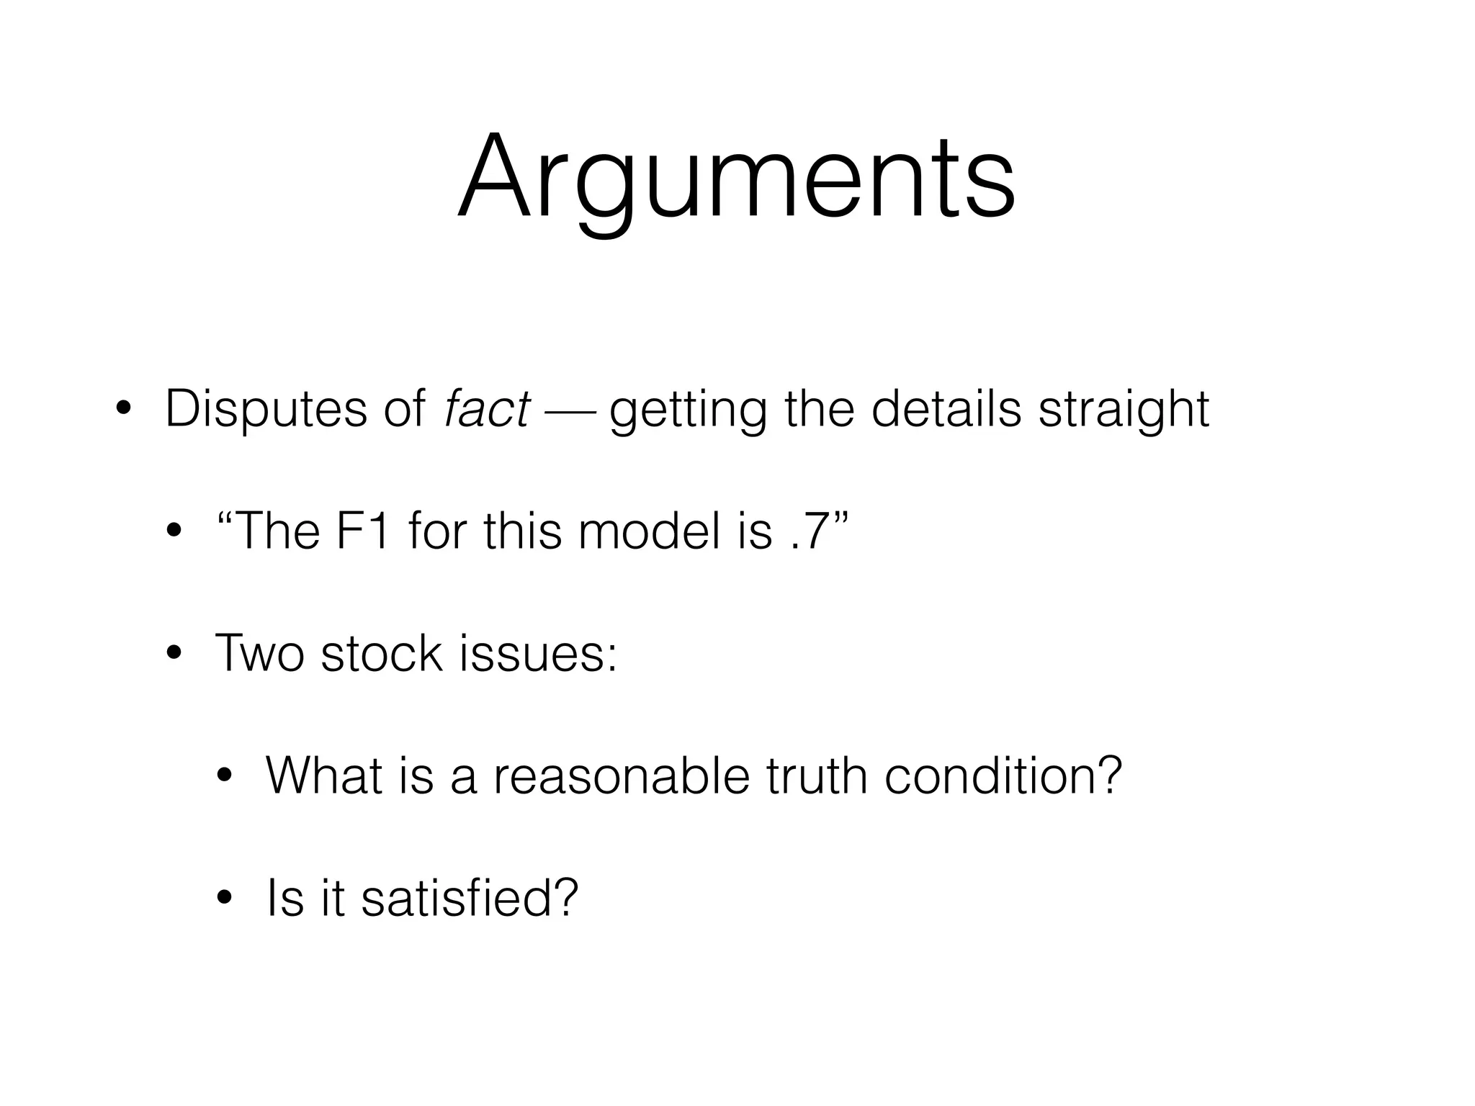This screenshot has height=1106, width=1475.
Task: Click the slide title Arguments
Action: click(736, 179)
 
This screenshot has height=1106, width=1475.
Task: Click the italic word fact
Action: click(487, 409)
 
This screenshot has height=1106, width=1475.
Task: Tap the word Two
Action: click(259, 654)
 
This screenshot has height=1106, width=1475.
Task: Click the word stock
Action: click(381, 654)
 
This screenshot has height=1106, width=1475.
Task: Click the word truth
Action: click(817, 775)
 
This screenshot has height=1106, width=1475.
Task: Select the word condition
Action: click(1003, 775)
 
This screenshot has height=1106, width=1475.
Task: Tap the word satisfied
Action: click(469, 898)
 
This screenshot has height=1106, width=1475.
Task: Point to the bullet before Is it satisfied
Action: click(225, 899)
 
